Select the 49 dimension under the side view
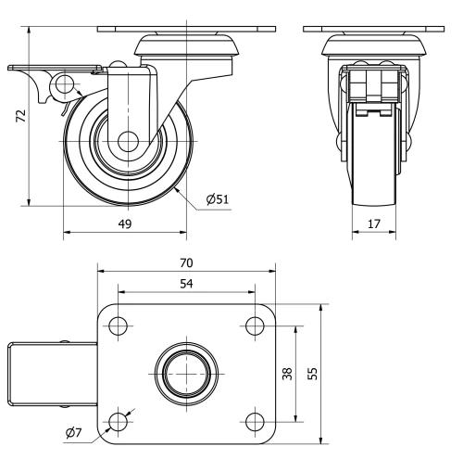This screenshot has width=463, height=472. (123, 223)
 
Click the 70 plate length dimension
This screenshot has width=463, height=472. (186, 263)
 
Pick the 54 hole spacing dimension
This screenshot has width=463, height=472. (186, 283)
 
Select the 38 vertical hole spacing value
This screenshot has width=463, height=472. (287, 374)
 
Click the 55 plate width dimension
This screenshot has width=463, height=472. (313, 374)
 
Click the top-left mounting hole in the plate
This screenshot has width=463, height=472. (118, 325)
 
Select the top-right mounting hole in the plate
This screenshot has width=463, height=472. (253, 325)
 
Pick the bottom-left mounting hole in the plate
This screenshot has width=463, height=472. (118, 422)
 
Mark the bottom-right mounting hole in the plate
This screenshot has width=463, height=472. (253, 422)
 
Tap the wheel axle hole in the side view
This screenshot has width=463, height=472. (127, 143)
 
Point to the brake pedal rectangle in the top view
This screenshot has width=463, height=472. (51, 374)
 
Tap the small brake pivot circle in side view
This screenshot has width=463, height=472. (64, 85)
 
